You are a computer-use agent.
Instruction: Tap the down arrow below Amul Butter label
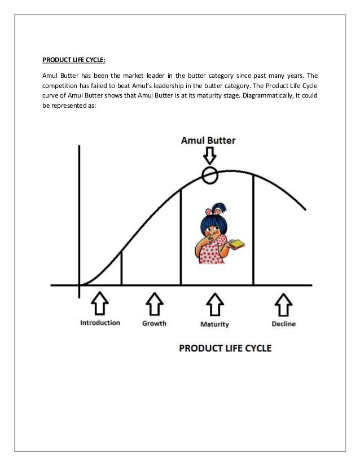209,156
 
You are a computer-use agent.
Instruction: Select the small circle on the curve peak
209,175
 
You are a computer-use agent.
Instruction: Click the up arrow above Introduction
100,304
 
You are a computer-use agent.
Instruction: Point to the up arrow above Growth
154,304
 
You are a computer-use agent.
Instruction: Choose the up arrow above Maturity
214,304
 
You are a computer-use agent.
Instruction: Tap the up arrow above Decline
283,304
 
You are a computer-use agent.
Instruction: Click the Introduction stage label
100,323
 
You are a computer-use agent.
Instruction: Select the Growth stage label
154,323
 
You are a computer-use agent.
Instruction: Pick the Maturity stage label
214,324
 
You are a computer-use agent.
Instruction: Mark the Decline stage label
283,324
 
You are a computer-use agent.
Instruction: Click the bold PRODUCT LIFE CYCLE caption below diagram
225,348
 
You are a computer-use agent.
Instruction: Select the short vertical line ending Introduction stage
121,268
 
